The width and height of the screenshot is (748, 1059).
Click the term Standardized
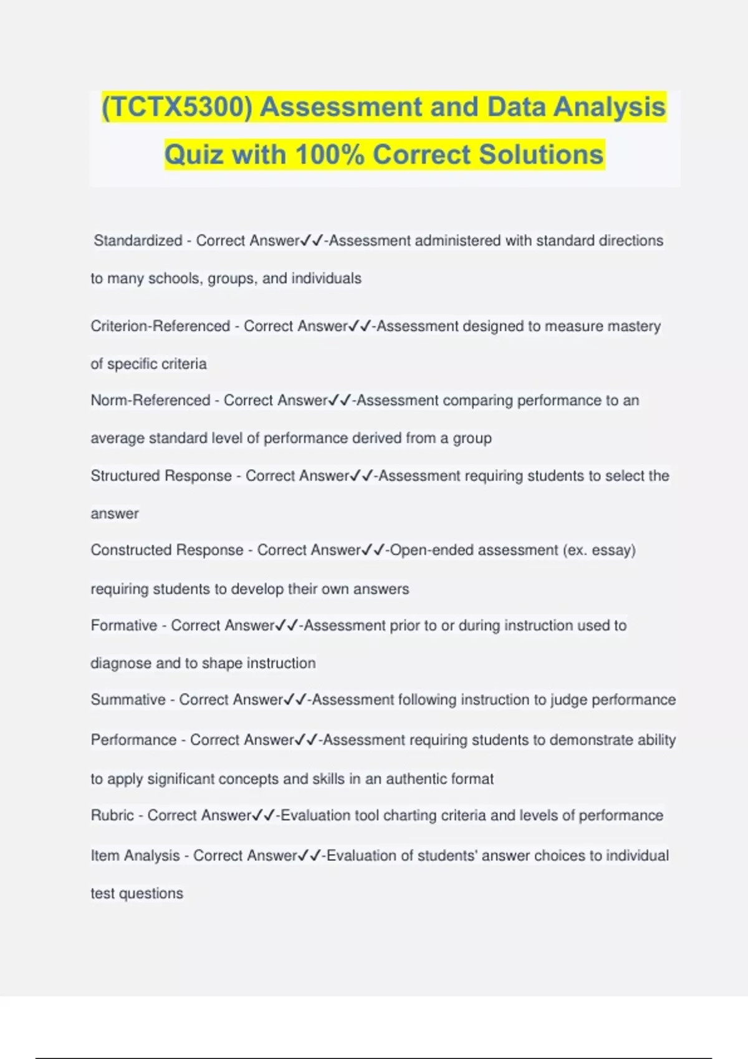138,240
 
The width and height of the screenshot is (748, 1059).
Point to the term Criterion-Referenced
160,326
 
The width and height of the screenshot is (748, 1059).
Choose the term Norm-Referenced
150,400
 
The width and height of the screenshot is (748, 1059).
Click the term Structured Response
161,475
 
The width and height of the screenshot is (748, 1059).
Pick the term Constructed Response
167,550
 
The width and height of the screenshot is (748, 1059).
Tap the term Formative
124,625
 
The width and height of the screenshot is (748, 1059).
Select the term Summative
128,700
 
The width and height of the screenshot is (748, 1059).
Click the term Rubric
112,815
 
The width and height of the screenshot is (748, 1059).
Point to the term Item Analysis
135,855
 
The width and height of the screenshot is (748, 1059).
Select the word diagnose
121,663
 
